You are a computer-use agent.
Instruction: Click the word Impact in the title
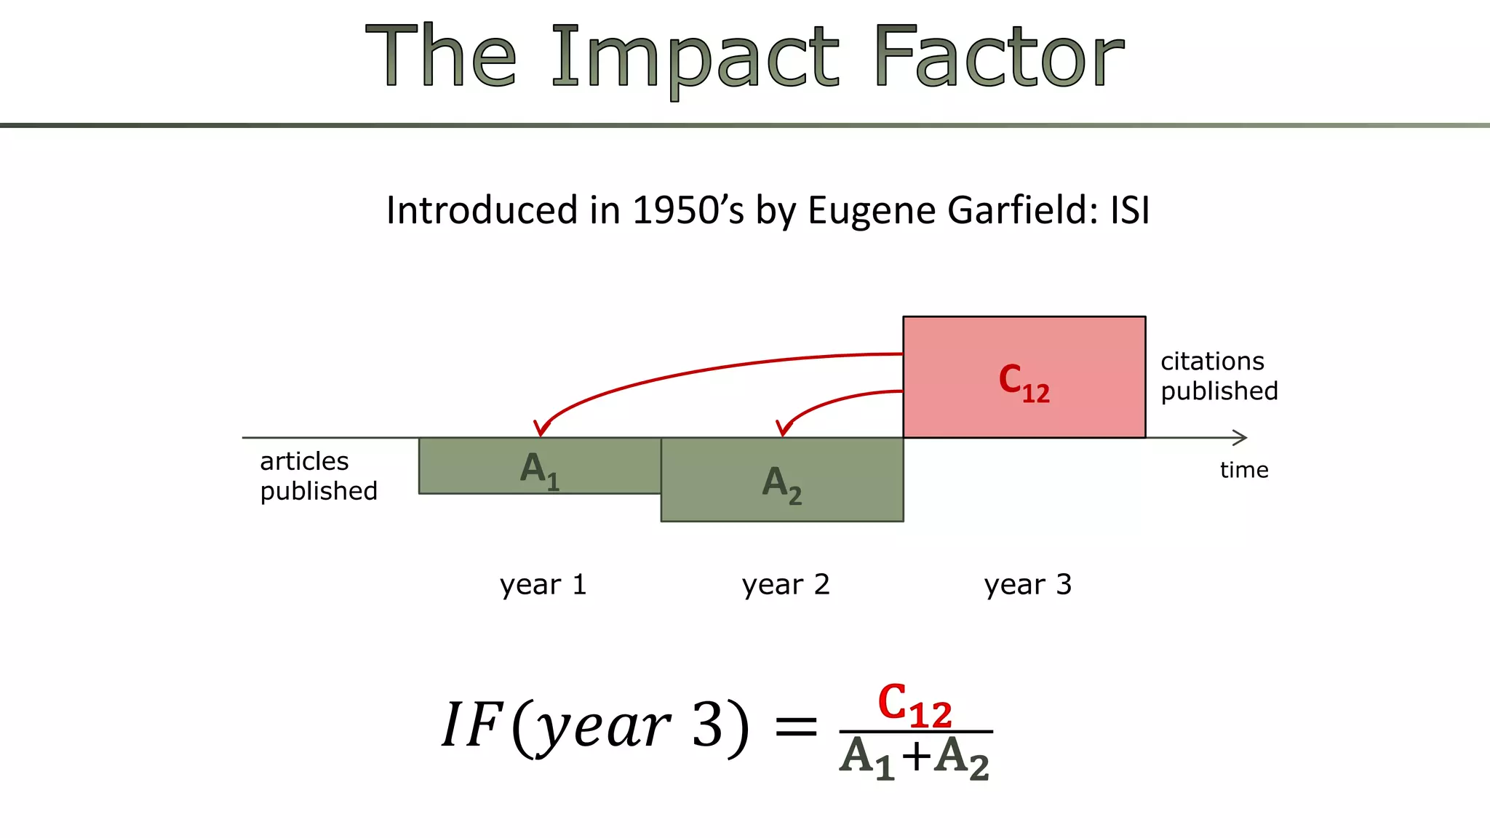695,58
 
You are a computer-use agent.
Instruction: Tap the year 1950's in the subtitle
688,210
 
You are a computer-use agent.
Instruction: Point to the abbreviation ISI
1130,210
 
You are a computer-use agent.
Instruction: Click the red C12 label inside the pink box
1024,383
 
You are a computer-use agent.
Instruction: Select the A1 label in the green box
540,470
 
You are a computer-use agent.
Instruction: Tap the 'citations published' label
1219,376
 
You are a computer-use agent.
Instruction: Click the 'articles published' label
319,476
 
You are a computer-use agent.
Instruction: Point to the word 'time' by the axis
1244,470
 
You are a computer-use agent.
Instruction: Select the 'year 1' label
543,585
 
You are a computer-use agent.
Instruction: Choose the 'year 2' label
786,585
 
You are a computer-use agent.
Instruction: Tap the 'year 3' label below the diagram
1028,585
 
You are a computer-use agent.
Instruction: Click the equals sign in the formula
797,726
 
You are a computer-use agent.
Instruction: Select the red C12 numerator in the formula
915,706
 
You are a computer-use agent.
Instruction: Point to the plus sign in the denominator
917,757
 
